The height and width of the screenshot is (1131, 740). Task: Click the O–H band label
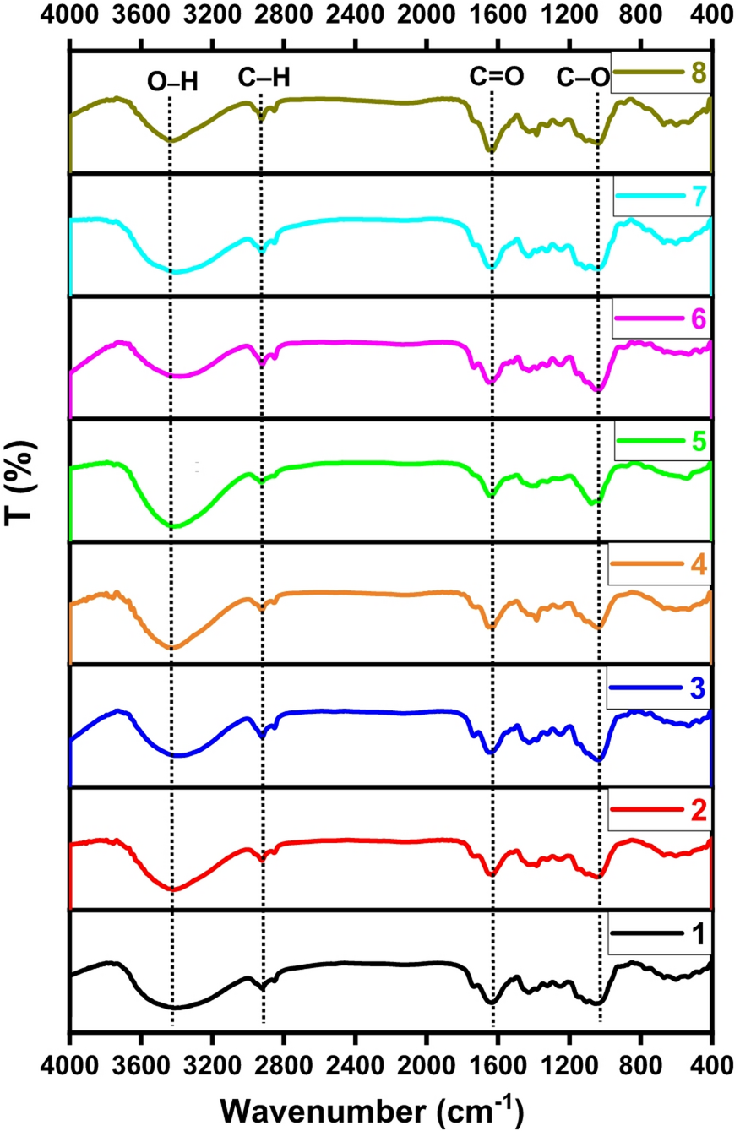[x=171, y=79]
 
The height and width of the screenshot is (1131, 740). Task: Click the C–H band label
[x=264, y=78]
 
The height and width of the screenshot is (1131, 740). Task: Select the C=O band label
[x=497, y=78]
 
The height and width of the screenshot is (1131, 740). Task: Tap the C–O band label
[x=583, y=78]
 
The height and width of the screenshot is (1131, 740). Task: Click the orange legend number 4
[x=698, y=564]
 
